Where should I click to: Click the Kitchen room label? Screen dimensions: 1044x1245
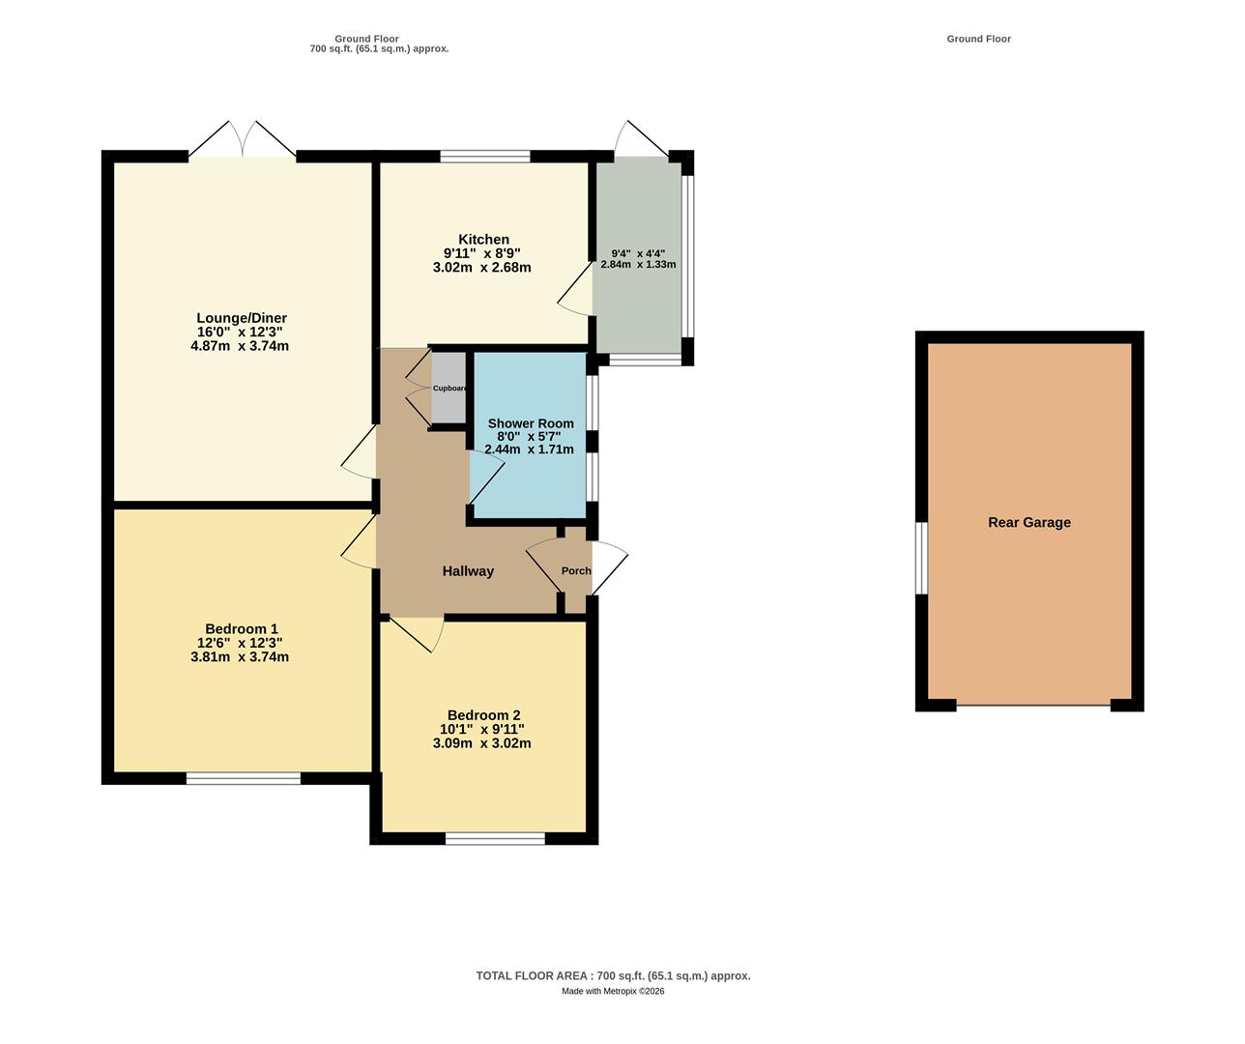pyautogui.click(x=483, y=240)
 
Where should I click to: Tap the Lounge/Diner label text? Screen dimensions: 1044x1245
pyautogui.click(x=242, y=318)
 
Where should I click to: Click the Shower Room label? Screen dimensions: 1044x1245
pyautogui.click(x=531, y=423)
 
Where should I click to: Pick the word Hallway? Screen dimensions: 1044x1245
pyautogui.click(x=468, y=571)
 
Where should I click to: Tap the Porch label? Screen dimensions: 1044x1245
pyautogui.click(x=576, y=571)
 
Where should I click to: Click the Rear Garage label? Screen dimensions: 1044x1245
pyautogui.click(x=1028, y=523)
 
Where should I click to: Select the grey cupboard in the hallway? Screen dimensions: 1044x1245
pyautogui.click(x=448, y=388)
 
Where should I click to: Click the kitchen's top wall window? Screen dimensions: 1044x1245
pyautogui.click(x=485, y=156)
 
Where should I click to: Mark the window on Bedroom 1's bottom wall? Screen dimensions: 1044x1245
pyautogui.click(x=244, y=778)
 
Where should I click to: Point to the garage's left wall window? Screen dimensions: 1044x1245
pyautogui.click(x=922, y=558)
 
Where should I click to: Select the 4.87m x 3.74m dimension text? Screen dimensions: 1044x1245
pyautogui.click(x=240, y=346)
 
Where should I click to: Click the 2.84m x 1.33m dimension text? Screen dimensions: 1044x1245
pyautogui.click(x=638, y=264)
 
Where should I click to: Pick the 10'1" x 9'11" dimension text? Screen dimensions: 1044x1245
pyautogui.click(x=482, y=730)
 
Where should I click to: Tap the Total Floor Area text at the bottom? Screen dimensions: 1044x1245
pyautogui.click(x=613, y=976)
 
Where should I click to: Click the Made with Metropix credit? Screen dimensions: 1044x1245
pyautogui.click(x=613, y=991)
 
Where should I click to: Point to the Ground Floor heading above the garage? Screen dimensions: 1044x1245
pyautogui.click(x=978, y=39)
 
